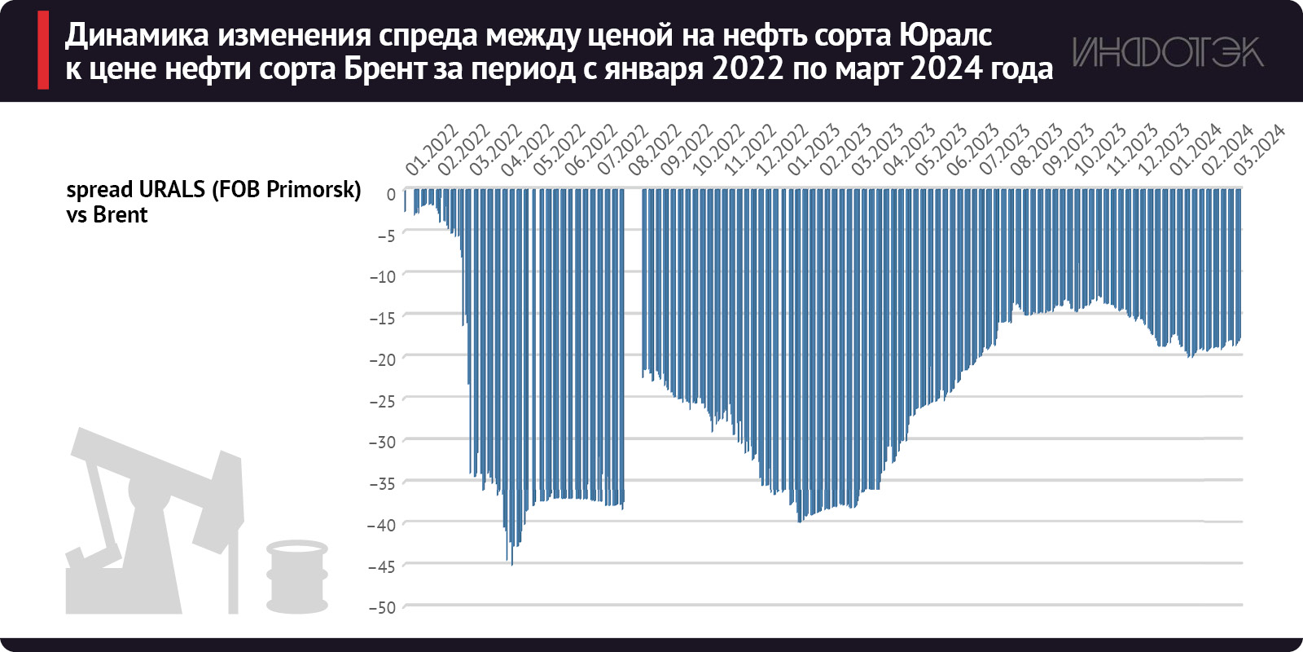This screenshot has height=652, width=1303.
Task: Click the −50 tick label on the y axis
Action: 382,607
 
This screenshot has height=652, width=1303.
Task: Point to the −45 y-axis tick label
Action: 382,566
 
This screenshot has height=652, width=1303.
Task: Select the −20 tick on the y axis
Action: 382,359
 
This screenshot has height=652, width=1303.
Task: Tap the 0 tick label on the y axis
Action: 391,195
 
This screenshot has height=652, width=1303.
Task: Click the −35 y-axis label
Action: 382,483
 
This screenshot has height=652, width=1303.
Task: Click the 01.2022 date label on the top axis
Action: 432,149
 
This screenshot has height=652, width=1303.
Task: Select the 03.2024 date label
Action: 1259,149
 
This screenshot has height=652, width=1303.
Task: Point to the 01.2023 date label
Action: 814,149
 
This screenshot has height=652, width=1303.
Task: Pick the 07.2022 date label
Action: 623,149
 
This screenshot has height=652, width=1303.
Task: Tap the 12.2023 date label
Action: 1164,149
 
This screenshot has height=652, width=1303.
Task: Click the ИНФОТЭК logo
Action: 1167,52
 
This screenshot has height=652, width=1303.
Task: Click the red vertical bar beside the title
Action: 43,51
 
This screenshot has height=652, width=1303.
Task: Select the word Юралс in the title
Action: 946,35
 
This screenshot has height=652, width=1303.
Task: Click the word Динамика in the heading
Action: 137,35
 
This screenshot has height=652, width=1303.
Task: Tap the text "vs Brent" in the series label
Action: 107,215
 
